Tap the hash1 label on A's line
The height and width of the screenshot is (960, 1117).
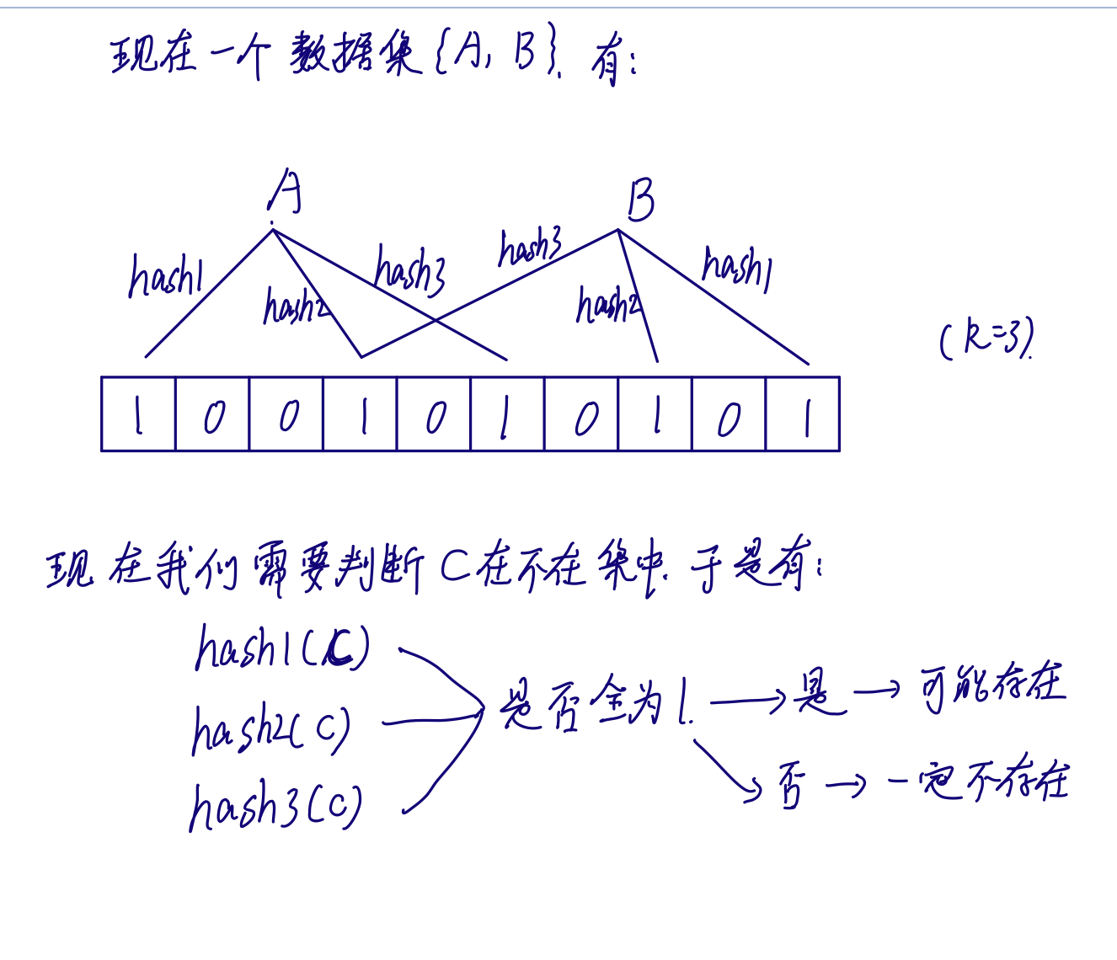(x=166, y=276)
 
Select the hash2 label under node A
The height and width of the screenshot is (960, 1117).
(x=295, y=307)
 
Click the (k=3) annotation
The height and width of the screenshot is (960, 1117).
(x=986, y=339)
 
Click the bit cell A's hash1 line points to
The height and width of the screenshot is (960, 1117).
(x=138, y=414)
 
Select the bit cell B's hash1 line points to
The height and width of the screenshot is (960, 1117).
(x=803, y=414)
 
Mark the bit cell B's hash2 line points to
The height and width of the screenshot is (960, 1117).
(x=655, y=414)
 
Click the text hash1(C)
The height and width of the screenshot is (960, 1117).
(x=282, y=648)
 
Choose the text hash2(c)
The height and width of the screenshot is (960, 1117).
(x=271, y=729)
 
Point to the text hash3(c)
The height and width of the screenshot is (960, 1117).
(x=275, y=806)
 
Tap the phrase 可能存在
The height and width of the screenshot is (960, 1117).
(x=993, y=686)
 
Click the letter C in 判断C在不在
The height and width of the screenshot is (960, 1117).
(x=455, y=568)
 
